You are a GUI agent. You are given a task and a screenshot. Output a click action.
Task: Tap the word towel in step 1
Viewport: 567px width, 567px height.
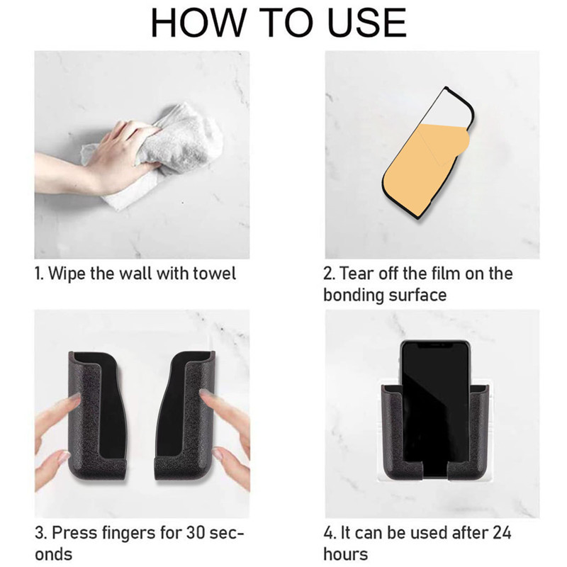[x=215, y=273]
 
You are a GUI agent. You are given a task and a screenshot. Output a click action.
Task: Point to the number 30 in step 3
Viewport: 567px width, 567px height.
[x=196, y=532]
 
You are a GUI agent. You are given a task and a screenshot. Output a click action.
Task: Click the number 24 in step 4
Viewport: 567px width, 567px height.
[x=501, y=532]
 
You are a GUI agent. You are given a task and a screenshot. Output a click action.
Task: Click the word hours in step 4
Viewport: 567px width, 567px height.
[x=345, y=554]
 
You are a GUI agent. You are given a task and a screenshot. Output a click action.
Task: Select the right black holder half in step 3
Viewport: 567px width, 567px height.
[x=186, y=416]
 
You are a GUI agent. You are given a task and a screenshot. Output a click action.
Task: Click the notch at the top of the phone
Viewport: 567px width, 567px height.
[x=435, y=345]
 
